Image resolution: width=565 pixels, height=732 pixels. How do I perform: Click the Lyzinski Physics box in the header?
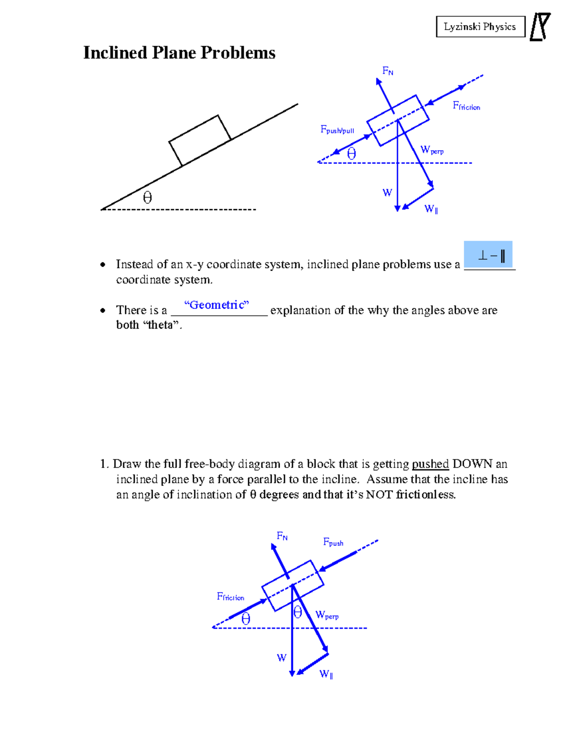[480, 27]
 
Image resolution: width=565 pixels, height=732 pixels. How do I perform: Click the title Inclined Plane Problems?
[179, 53]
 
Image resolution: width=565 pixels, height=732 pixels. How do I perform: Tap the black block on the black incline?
[200, 140]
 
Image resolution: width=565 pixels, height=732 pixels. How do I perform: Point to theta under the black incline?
[147, 197]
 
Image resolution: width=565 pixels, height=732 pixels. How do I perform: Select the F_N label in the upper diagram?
[387, 71]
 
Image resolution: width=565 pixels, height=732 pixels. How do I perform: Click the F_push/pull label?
[337, 130]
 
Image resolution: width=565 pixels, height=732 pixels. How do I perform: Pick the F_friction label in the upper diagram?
[466, 106]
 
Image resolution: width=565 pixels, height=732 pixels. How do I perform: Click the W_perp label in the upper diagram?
[432, 150]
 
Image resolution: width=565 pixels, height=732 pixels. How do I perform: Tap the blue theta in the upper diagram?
[351, 154]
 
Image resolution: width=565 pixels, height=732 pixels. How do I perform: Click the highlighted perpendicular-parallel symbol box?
[488, 255]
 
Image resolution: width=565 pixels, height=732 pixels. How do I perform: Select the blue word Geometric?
[217, 305]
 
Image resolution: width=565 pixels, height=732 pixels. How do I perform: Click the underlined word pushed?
[430, 464]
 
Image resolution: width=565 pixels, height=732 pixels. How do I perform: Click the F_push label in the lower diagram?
[333, 542]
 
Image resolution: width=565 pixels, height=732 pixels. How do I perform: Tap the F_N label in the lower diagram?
[282, 536]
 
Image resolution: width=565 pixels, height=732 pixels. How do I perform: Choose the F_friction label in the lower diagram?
[230, 597]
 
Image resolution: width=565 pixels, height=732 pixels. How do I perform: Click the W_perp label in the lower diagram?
[327, 615]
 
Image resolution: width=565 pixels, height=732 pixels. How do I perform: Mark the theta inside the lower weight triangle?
[298, 612]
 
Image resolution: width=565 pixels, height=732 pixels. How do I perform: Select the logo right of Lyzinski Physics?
[540, 27]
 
